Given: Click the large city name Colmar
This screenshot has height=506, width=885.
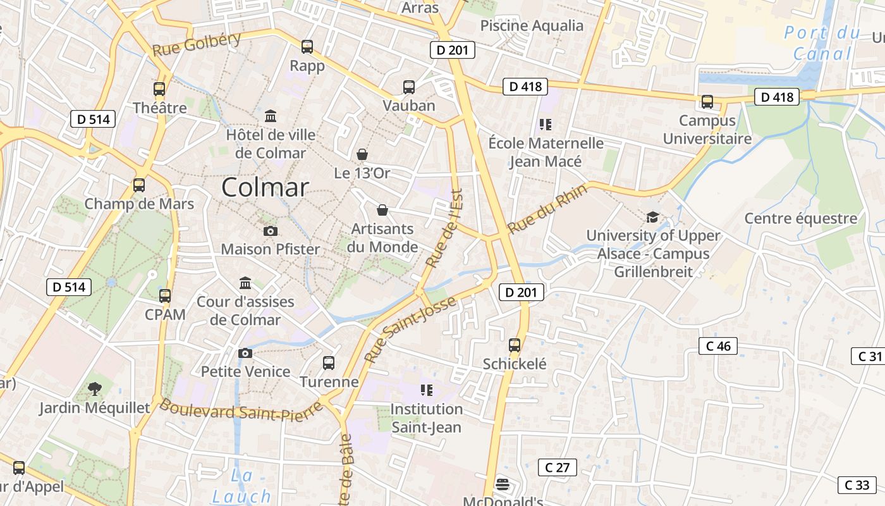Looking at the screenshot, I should click(x=265, y=187).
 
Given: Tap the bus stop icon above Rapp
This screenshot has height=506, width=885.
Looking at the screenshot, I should click(x=307, y=46).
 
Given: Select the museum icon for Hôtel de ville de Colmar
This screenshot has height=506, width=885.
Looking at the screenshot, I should click(x=271, y=116).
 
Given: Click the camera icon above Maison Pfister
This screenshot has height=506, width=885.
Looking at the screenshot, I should click(x=270, y=231).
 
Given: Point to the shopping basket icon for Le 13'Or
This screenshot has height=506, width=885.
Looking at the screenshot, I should click(x=362, y=154).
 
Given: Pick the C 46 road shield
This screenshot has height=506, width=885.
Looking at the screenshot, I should click(x=718, y=346).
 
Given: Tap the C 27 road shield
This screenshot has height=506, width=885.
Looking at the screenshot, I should click(x=557, y=467).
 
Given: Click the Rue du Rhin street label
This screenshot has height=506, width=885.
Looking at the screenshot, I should click(x=547, y=209).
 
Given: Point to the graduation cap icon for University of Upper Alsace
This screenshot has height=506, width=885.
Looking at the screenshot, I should click(x=652, y=217).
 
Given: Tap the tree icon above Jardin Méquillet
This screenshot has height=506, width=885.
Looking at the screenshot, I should click(x=95, y=388).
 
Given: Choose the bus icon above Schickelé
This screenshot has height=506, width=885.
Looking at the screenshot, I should click(x=515, y=345).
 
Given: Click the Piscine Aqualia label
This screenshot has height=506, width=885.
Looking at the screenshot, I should click(x=532, y=25).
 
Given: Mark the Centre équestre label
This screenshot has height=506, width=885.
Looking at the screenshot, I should click(x=801, y=218).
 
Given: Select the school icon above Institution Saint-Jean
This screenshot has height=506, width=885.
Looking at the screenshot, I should click(x=426, y=390).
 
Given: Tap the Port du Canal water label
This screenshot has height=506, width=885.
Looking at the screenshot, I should click(x=822, y=43).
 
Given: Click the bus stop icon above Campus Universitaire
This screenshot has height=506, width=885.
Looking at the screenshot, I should click(x=707, y=101).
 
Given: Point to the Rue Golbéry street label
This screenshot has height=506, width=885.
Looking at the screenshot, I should click(x=197, y=44).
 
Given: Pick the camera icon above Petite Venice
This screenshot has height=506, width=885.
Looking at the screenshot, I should click(x=245, y=353).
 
